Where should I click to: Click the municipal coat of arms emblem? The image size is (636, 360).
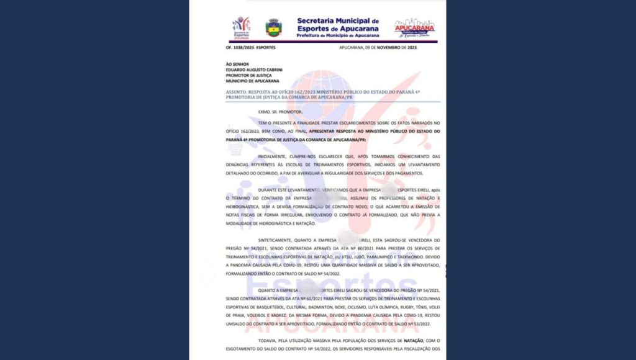click(x=274, y=27)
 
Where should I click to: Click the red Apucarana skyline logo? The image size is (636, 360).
click(x=414, y=27)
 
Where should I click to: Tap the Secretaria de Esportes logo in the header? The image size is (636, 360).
click(x=241, y=27)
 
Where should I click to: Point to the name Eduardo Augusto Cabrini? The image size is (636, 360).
click(x=254, y=70)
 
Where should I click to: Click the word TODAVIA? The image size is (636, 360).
click(x=268, y=340)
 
